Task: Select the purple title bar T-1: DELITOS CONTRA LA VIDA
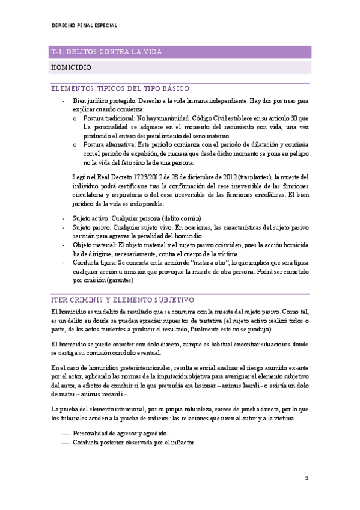[x=106, y=52]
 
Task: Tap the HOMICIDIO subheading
[x=71, y=68]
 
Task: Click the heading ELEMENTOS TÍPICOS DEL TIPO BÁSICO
[x=120, y=88]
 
